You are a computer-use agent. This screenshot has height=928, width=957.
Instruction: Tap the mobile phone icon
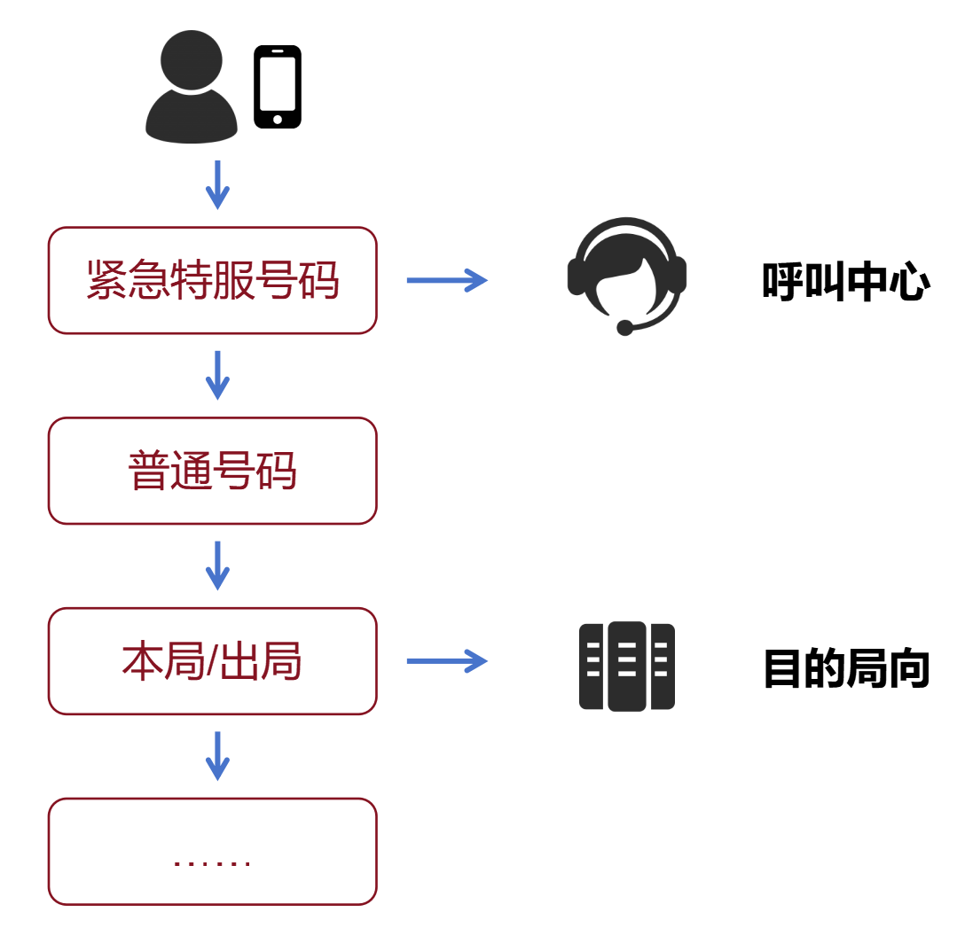coord(278,87)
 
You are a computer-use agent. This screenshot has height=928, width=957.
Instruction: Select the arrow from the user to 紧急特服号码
coord(217,184)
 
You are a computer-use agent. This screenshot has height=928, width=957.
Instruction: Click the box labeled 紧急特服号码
coord(213,280)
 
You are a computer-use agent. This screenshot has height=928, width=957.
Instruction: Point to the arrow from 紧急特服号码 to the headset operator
coord(446,280)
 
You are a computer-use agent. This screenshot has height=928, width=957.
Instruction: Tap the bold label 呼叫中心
coord(845,282)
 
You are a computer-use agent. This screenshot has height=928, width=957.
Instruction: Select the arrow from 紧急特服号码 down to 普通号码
coord(217,375)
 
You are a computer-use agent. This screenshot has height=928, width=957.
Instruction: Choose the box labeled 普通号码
coord(213,471)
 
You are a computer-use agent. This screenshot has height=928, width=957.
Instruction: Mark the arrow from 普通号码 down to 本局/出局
coord(217,565)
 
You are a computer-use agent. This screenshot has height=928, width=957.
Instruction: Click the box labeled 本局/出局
coord(213,661)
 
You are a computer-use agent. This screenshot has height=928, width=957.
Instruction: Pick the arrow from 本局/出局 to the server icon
coord(446,661)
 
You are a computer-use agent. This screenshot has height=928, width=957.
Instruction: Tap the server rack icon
coord(627,667)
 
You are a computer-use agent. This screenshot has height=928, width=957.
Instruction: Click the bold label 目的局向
coord(845,668)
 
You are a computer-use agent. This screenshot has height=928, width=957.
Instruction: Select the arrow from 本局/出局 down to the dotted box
coord(217,756)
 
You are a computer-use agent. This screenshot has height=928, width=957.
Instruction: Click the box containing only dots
coord(213,852)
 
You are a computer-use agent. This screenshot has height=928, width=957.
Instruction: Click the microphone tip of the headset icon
coord(625,328)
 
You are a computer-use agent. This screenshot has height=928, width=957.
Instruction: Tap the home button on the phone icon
coord(278,119)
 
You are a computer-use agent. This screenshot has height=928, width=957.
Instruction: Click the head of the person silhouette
coord(192,59)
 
